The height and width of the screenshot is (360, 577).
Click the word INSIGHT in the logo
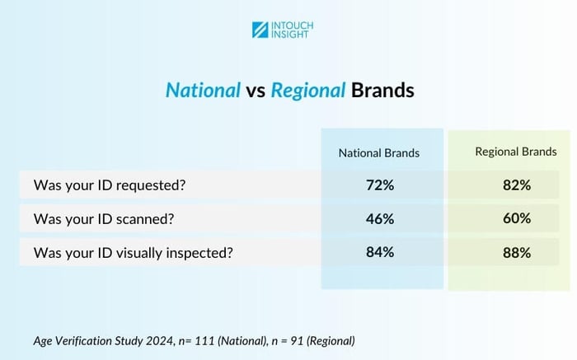[x=293, y=35]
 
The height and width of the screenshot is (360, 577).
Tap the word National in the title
[x=203, y=90]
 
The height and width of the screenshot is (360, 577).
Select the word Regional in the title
[x=305, y=90]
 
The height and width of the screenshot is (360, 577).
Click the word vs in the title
[x=255, y=91]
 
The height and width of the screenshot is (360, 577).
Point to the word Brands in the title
[x=382, y=90]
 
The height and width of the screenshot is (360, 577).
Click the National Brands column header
[x=379, y=152]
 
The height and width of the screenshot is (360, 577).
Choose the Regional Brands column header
[x=515, y=152]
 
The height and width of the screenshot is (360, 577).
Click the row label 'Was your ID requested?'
[x=110, y=185]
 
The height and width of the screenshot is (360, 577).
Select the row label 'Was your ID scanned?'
[x=104, y=219]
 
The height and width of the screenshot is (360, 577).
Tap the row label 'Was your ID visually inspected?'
[x=133, y=252]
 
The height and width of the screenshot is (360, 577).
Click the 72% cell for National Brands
[x=380, y=185]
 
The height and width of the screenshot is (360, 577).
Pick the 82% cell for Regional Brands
[x=515, y=185]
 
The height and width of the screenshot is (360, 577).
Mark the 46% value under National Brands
[x=380, y=219]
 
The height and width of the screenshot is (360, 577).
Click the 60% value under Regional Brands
[x=515, y=219]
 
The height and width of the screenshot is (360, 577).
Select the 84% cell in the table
[x=380, y=252]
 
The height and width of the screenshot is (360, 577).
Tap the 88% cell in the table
[x=515, y=252]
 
